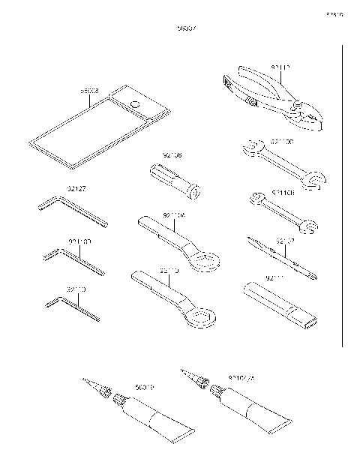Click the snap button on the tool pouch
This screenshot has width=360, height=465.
(x=135, y=103)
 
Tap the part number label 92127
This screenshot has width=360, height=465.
(x=77, y=190)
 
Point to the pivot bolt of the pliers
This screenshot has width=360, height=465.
(x=298, y=104)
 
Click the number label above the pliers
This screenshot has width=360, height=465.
(x=280, y=67)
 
